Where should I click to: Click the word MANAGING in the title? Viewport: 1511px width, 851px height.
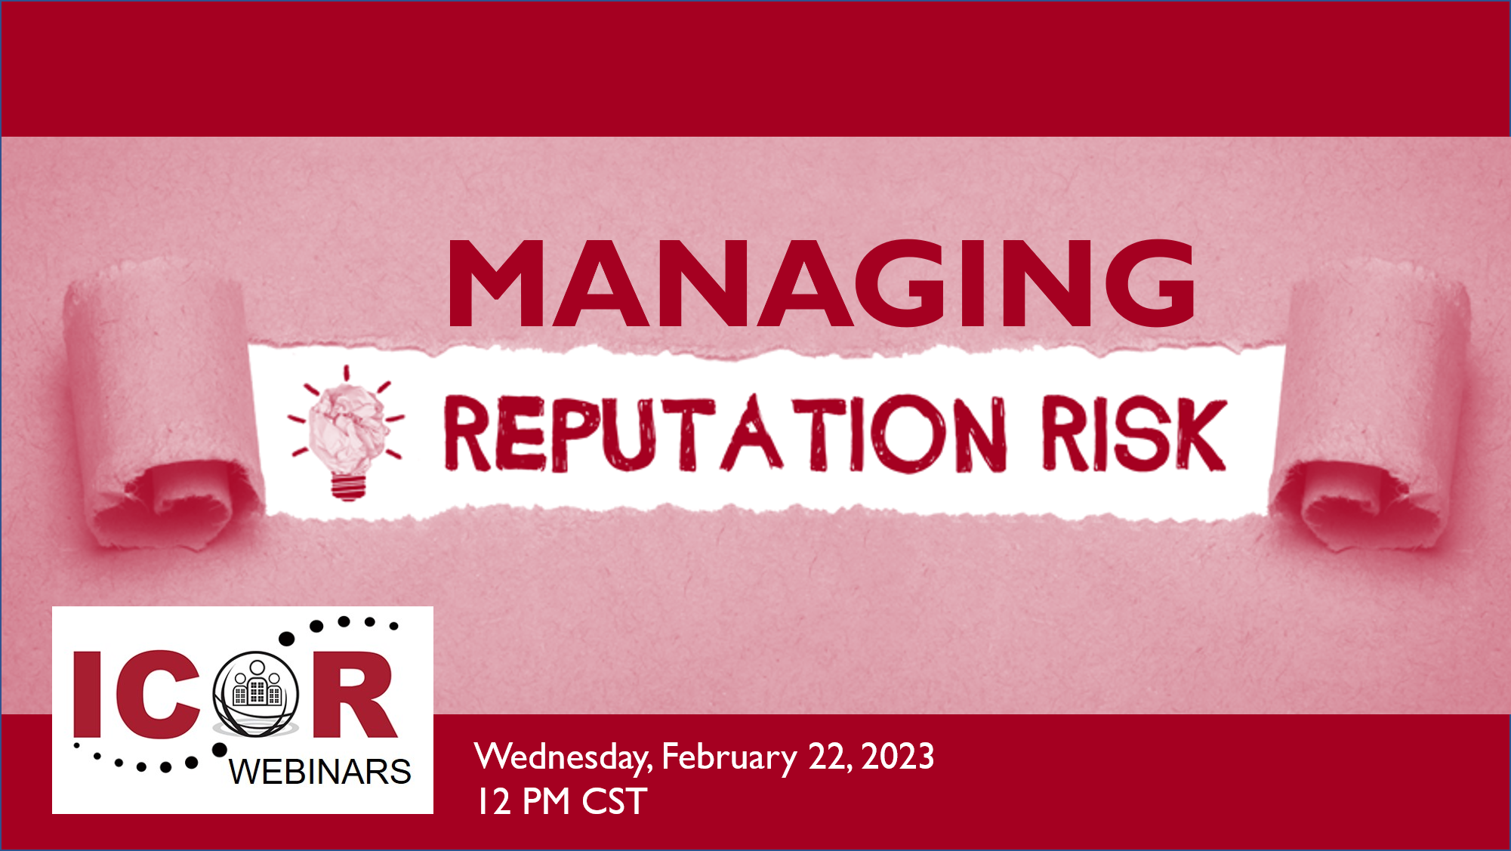pyautogui.click(x=822, y=283)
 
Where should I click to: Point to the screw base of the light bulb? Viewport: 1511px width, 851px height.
pyautogui.click(x=348, y=486)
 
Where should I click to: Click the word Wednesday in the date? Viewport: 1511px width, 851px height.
pyautogui.click(x=563, y=757)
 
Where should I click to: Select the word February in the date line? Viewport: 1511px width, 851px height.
pyautogui.click(x=729, y=757)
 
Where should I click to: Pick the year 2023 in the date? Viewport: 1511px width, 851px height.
pyautogui.click(x=898, y=757)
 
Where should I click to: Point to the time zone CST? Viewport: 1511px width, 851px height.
pyautogui.click(x=614, y=801)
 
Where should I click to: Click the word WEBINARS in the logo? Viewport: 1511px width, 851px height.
pyautogui.click(x=320, y=772)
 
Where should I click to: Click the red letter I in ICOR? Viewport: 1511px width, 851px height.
pyautogui.click(x=88, y=694)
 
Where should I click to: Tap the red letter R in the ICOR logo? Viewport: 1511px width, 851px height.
pyautogui.click(x=354, y=694)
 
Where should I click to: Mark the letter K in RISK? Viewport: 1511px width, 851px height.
pyautogui.click(x=1195, y=436)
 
